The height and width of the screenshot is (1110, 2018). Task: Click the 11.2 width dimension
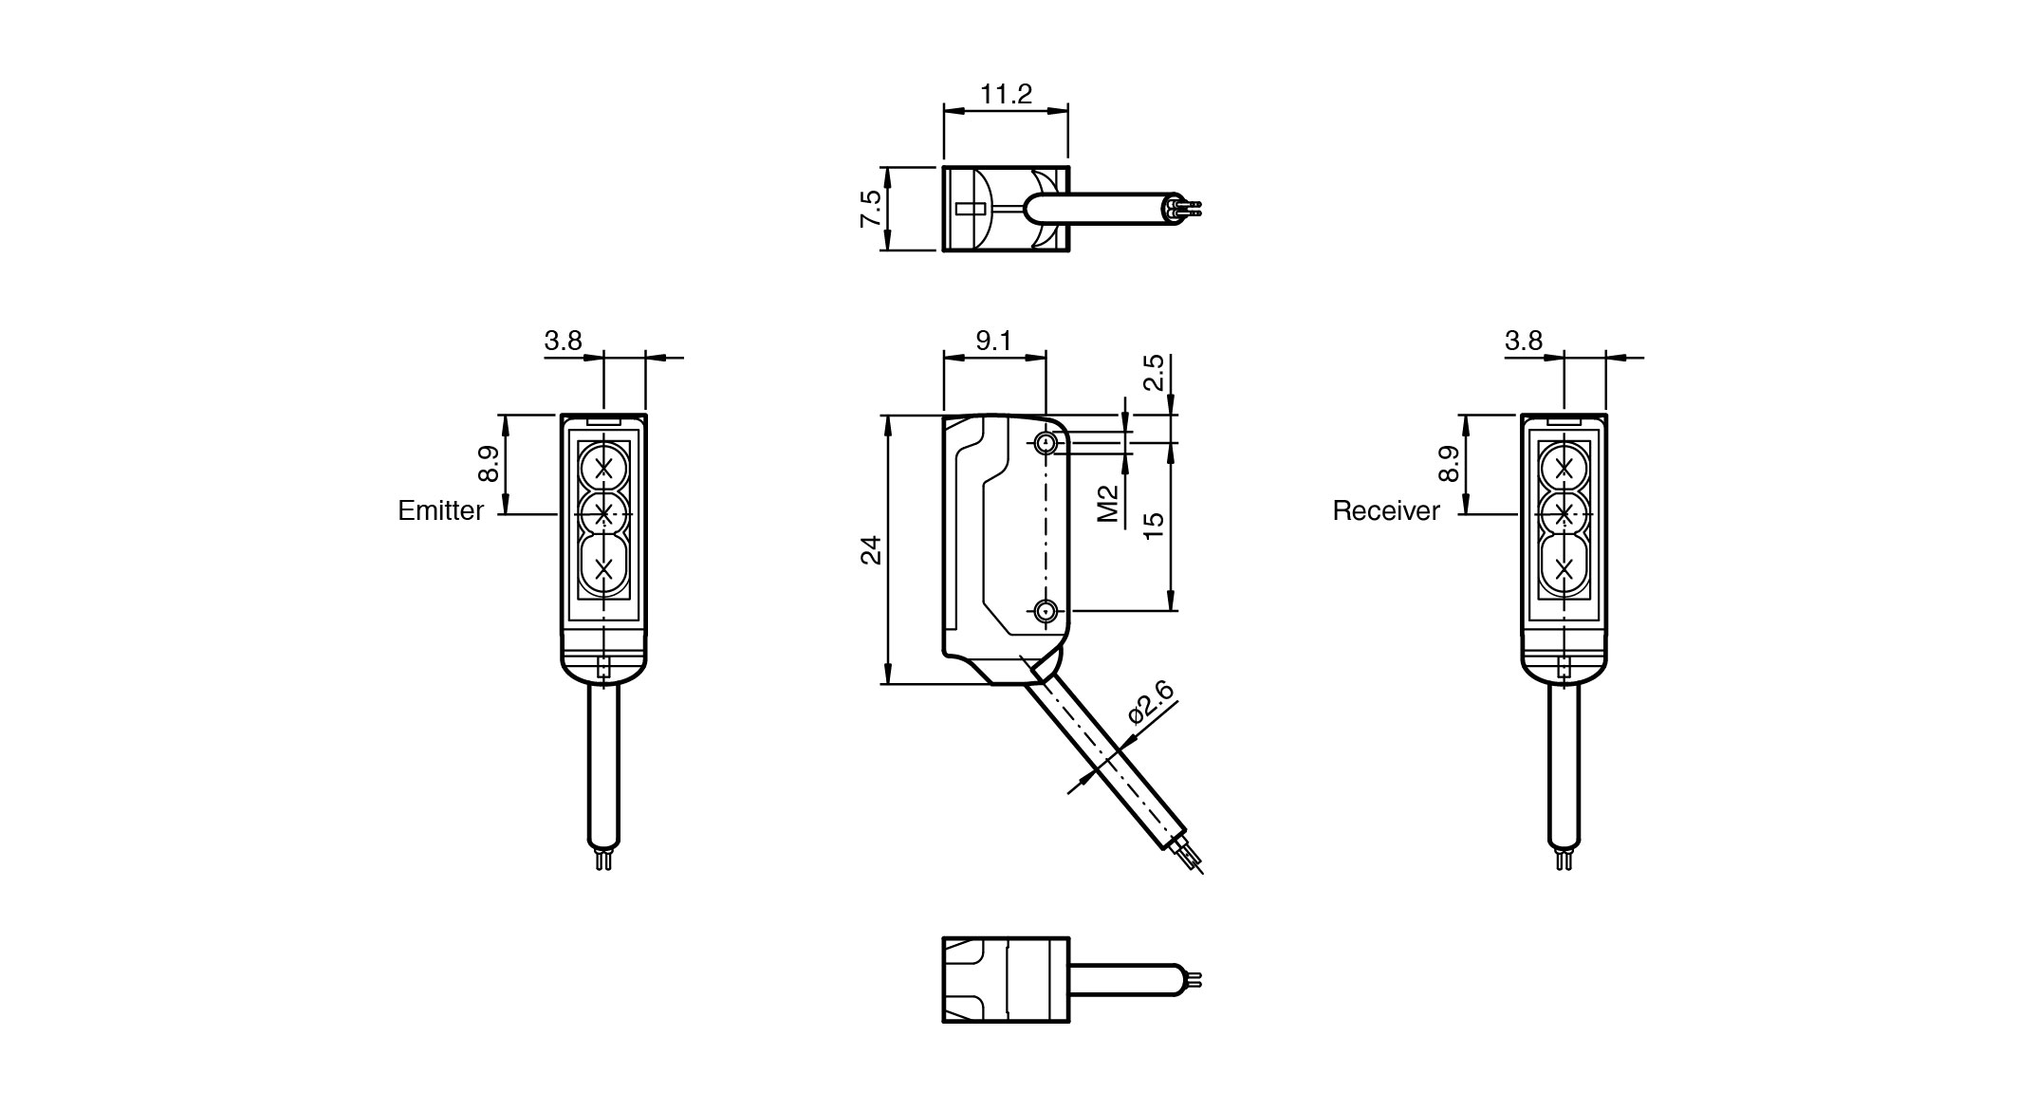click(x=1006, y=94)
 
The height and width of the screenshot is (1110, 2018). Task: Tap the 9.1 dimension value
click(x=993, y=341)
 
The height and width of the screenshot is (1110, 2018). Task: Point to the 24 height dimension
click(x=871, y=550)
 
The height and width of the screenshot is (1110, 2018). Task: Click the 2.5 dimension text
click(x=1153, y=373)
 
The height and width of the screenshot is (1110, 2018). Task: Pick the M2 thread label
click(x=1107, y=503)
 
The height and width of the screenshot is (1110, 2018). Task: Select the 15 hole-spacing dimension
click(x=1153, y=525)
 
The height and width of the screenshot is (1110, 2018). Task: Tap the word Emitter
click(x=440, y=511)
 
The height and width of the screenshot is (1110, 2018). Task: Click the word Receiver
click(x=1385, y=511)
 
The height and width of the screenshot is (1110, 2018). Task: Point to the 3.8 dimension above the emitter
click(x=563, y=341)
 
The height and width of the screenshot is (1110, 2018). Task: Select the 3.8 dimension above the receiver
click(x=1524, y=341)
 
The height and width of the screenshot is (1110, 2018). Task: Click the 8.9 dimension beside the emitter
click(x=489, y=465)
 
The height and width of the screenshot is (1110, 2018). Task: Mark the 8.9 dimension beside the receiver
click(x=1449, y=465)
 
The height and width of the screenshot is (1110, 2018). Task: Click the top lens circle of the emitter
click(x=603, y=467)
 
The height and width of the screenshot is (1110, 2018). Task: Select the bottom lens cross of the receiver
click(x=1564, y=568)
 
